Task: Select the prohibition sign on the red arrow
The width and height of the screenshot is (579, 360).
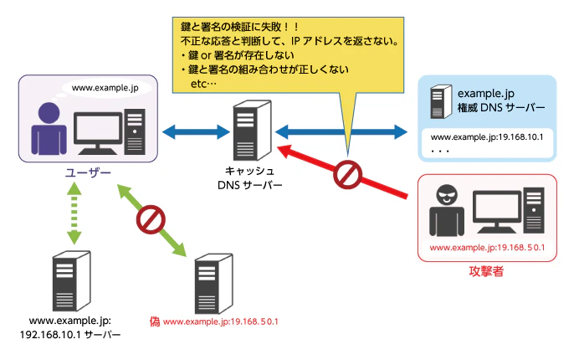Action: pos(346,175)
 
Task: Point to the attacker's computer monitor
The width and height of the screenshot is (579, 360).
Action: pos(502,209)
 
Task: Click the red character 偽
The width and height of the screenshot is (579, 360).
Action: pos(155,321)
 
